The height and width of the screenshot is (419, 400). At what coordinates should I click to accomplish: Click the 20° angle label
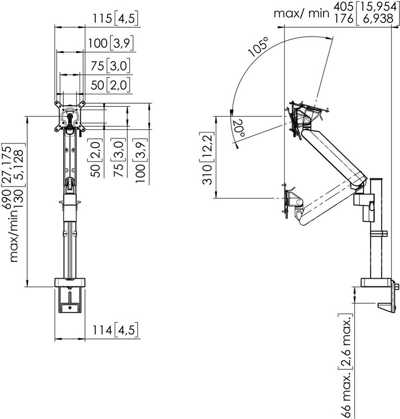pyautogui.click(x=238, y=128)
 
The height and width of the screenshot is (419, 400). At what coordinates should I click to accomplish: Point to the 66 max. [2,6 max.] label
pyautogui.click(x=346, y=366)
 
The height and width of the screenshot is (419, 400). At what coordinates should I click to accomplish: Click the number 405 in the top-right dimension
pyautogui.click(x=343, y=7)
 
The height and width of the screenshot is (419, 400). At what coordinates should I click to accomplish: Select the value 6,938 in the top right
pyautogui.click(x=379, y=19)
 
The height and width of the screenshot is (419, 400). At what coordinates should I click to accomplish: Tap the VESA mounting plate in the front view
pyautogui.click(x=70, y=116)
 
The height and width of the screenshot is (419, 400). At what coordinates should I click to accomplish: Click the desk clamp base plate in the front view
pyautogui.click(x=70, y=282)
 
